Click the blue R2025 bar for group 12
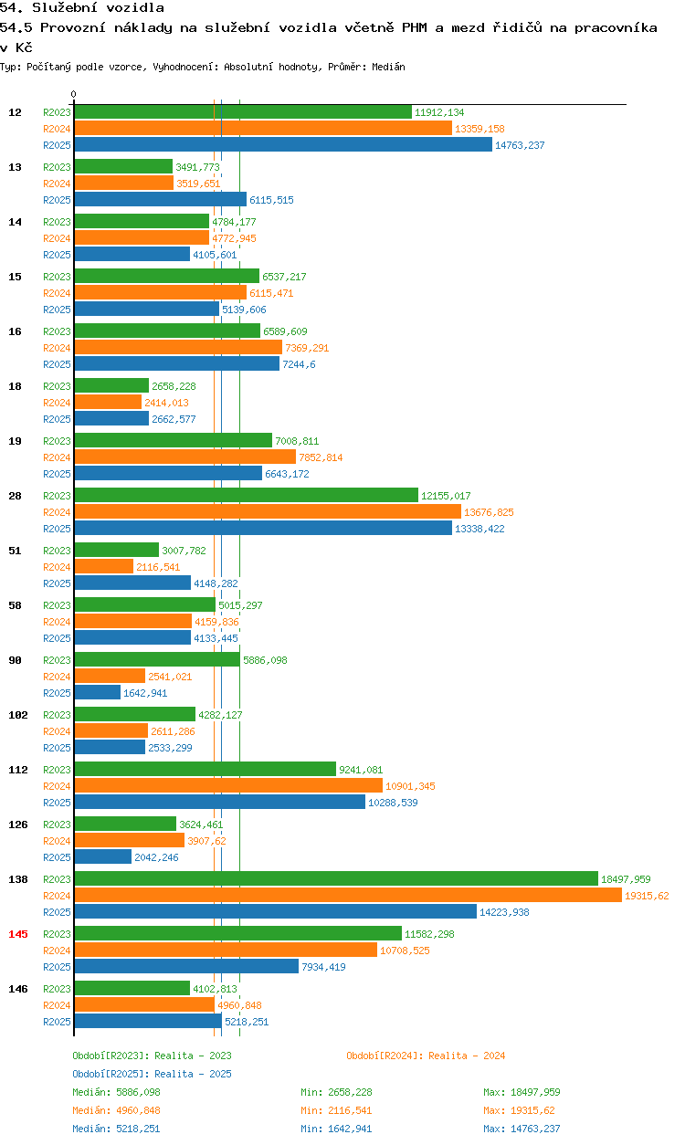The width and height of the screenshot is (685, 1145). coord(283,144)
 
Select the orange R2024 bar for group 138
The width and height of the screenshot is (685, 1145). coord(348,895)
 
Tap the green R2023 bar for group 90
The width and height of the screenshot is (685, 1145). coord(157,659)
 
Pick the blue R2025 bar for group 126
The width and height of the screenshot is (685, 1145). coord(103,856)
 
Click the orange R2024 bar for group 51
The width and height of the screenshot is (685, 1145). coord(104,566)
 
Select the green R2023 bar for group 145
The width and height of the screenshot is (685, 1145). coord(238,933)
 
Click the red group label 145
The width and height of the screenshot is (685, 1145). coord(18,934)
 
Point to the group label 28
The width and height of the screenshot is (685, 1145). coord(15,495)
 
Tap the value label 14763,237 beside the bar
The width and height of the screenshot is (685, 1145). coord(520,145)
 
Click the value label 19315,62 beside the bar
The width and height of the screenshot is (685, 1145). coord(647,896)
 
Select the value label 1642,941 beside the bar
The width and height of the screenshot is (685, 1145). coord(145,693)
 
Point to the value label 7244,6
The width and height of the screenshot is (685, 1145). coord(299,364)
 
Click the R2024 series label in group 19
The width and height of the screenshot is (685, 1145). coord(57,457)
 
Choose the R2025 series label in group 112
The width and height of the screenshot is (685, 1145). coord(57,803)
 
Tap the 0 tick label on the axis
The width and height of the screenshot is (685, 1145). coord(74,94)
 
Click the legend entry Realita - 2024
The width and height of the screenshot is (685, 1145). coord(426,1056)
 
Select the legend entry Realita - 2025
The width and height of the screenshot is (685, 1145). coord(152,1074)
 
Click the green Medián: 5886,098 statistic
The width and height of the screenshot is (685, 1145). coord(116,1092)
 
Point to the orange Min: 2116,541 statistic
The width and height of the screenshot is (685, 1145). coord(336,1110)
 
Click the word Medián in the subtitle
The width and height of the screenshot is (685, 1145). coord(388,67)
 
